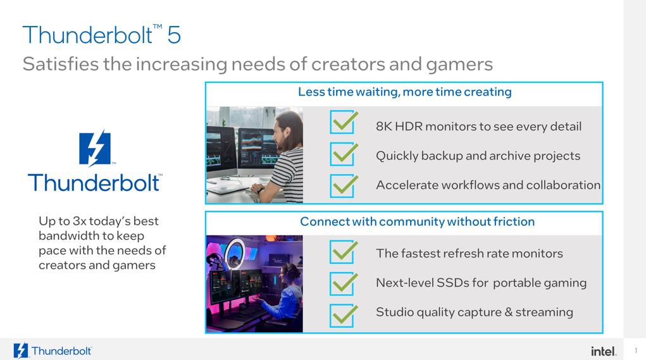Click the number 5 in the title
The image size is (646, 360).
click(x=174, y=35)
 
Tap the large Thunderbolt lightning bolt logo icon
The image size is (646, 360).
click(x=95, y=149)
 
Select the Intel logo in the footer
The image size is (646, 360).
click(x=604, y=351)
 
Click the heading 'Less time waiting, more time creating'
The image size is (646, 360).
click(x=404, y=92)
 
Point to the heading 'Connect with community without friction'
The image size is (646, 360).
click(x=417, y=221)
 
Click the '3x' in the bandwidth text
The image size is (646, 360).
click(x=79, y=221)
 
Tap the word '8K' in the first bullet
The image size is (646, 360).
click(x=384, y=126)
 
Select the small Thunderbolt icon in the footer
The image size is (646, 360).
click(x=21, y=351)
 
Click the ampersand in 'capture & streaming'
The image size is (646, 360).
click(x=509, y=312)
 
